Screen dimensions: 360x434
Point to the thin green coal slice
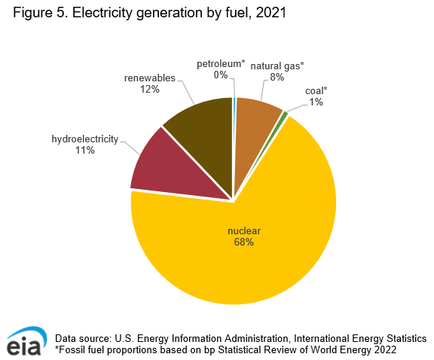(283, 115)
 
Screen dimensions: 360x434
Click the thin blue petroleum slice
(234, 113)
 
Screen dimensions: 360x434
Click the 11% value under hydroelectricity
(84, 151)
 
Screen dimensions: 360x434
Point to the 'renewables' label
(149, 78)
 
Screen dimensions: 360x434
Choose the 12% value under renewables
(149, 89)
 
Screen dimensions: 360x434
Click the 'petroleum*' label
(221, 63)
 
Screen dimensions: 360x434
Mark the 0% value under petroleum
(221, 75)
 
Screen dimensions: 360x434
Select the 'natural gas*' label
(277, 66)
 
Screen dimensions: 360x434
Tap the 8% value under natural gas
(277, 78)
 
